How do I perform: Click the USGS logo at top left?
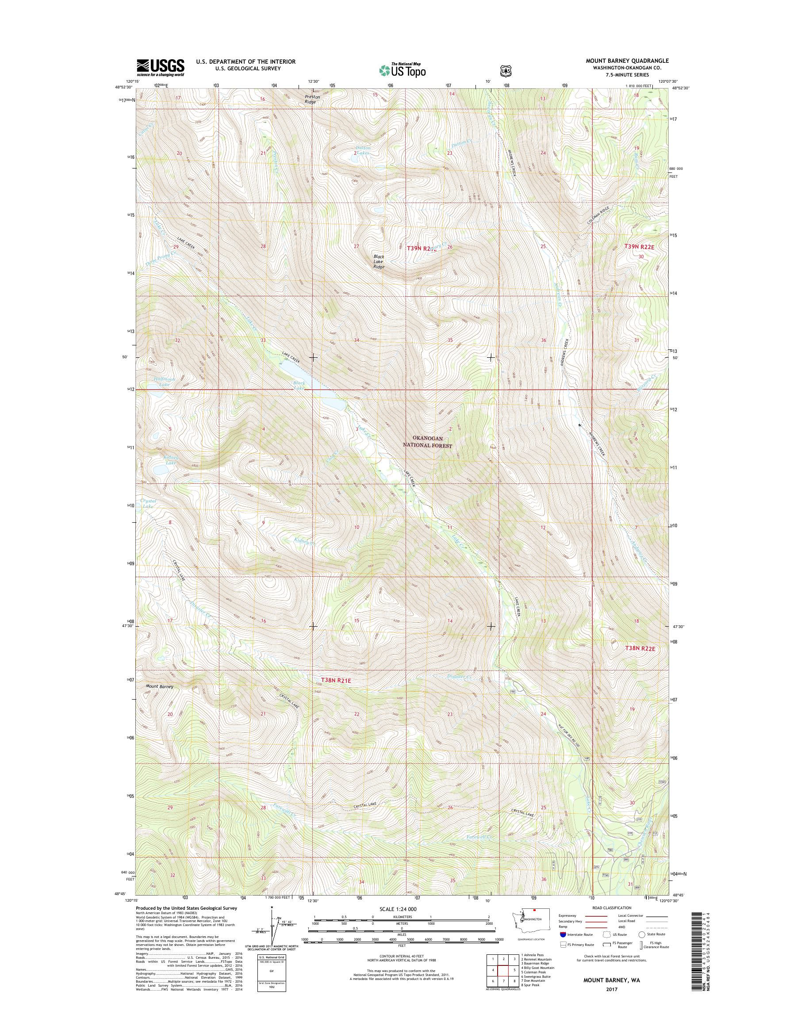click(160, 67)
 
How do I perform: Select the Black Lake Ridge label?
click(379, 261)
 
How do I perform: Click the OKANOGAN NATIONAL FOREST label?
click(433, 442)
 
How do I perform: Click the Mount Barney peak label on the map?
click(159, 686)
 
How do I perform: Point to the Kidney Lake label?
click(164, 460)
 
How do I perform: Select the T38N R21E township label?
click(337, 680)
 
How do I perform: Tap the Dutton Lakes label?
click(363, 150)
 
